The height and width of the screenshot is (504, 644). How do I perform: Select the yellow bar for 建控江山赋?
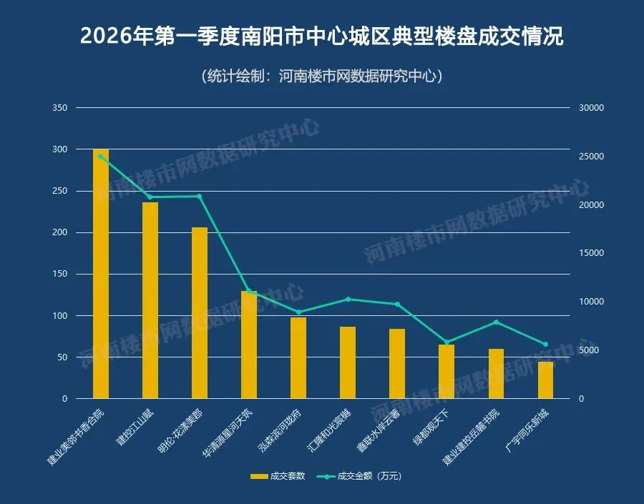[150, 300]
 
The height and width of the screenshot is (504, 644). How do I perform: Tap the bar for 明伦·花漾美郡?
[200, 312]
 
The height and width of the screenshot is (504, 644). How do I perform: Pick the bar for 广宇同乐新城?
[545, 380]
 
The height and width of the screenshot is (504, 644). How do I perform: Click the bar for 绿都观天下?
[447, 372]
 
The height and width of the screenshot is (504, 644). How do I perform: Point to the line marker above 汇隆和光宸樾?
[348, 299]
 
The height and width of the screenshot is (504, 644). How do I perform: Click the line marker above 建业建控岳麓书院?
[496, 322]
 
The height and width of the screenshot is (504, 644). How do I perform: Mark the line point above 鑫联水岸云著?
[397, 304]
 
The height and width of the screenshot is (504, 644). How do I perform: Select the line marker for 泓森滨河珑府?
[298, 312]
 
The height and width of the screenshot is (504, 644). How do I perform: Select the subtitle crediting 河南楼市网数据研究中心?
[321, 76]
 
